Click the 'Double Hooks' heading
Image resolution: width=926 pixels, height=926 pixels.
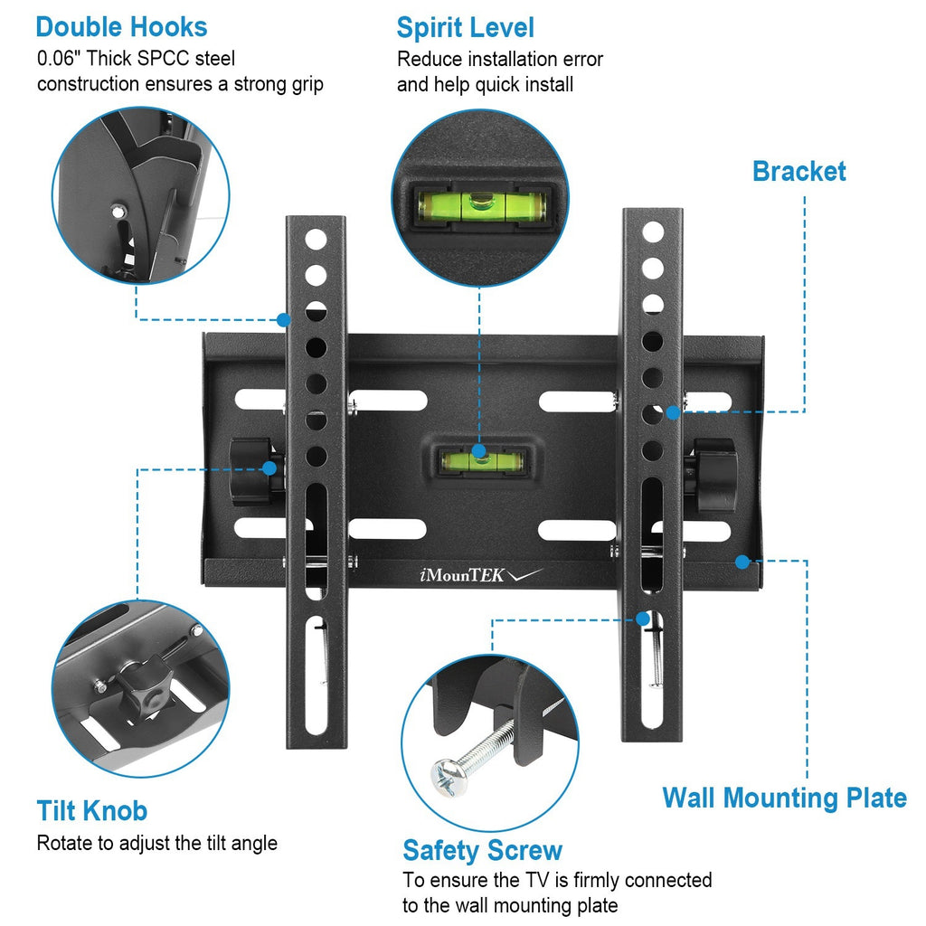(121, 27)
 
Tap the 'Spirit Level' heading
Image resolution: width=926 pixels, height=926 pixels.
(465, 27)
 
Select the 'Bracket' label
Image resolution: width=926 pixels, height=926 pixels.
(798, 171)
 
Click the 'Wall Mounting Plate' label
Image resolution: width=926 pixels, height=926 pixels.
(784, 798)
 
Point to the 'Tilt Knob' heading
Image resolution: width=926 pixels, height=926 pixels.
(91, 809)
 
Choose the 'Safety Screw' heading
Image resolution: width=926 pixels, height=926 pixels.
(482, 850)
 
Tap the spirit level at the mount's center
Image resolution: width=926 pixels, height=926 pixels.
(478, 461)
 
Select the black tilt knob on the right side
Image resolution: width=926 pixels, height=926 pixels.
(714, 474)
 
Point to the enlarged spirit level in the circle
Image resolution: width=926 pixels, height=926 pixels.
(480, 205)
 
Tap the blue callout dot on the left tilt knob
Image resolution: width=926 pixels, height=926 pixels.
(269, 468)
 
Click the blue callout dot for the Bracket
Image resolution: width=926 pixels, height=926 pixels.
(673, 412)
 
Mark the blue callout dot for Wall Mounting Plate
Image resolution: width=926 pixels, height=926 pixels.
(742, 562)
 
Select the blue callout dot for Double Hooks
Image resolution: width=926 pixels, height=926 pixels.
(284, 319)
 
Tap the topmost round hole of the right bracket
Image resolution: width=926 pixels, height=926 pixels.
(652, 231)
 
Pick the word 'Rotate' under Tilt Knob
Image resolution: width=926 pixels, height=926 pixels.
(64, 843)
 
